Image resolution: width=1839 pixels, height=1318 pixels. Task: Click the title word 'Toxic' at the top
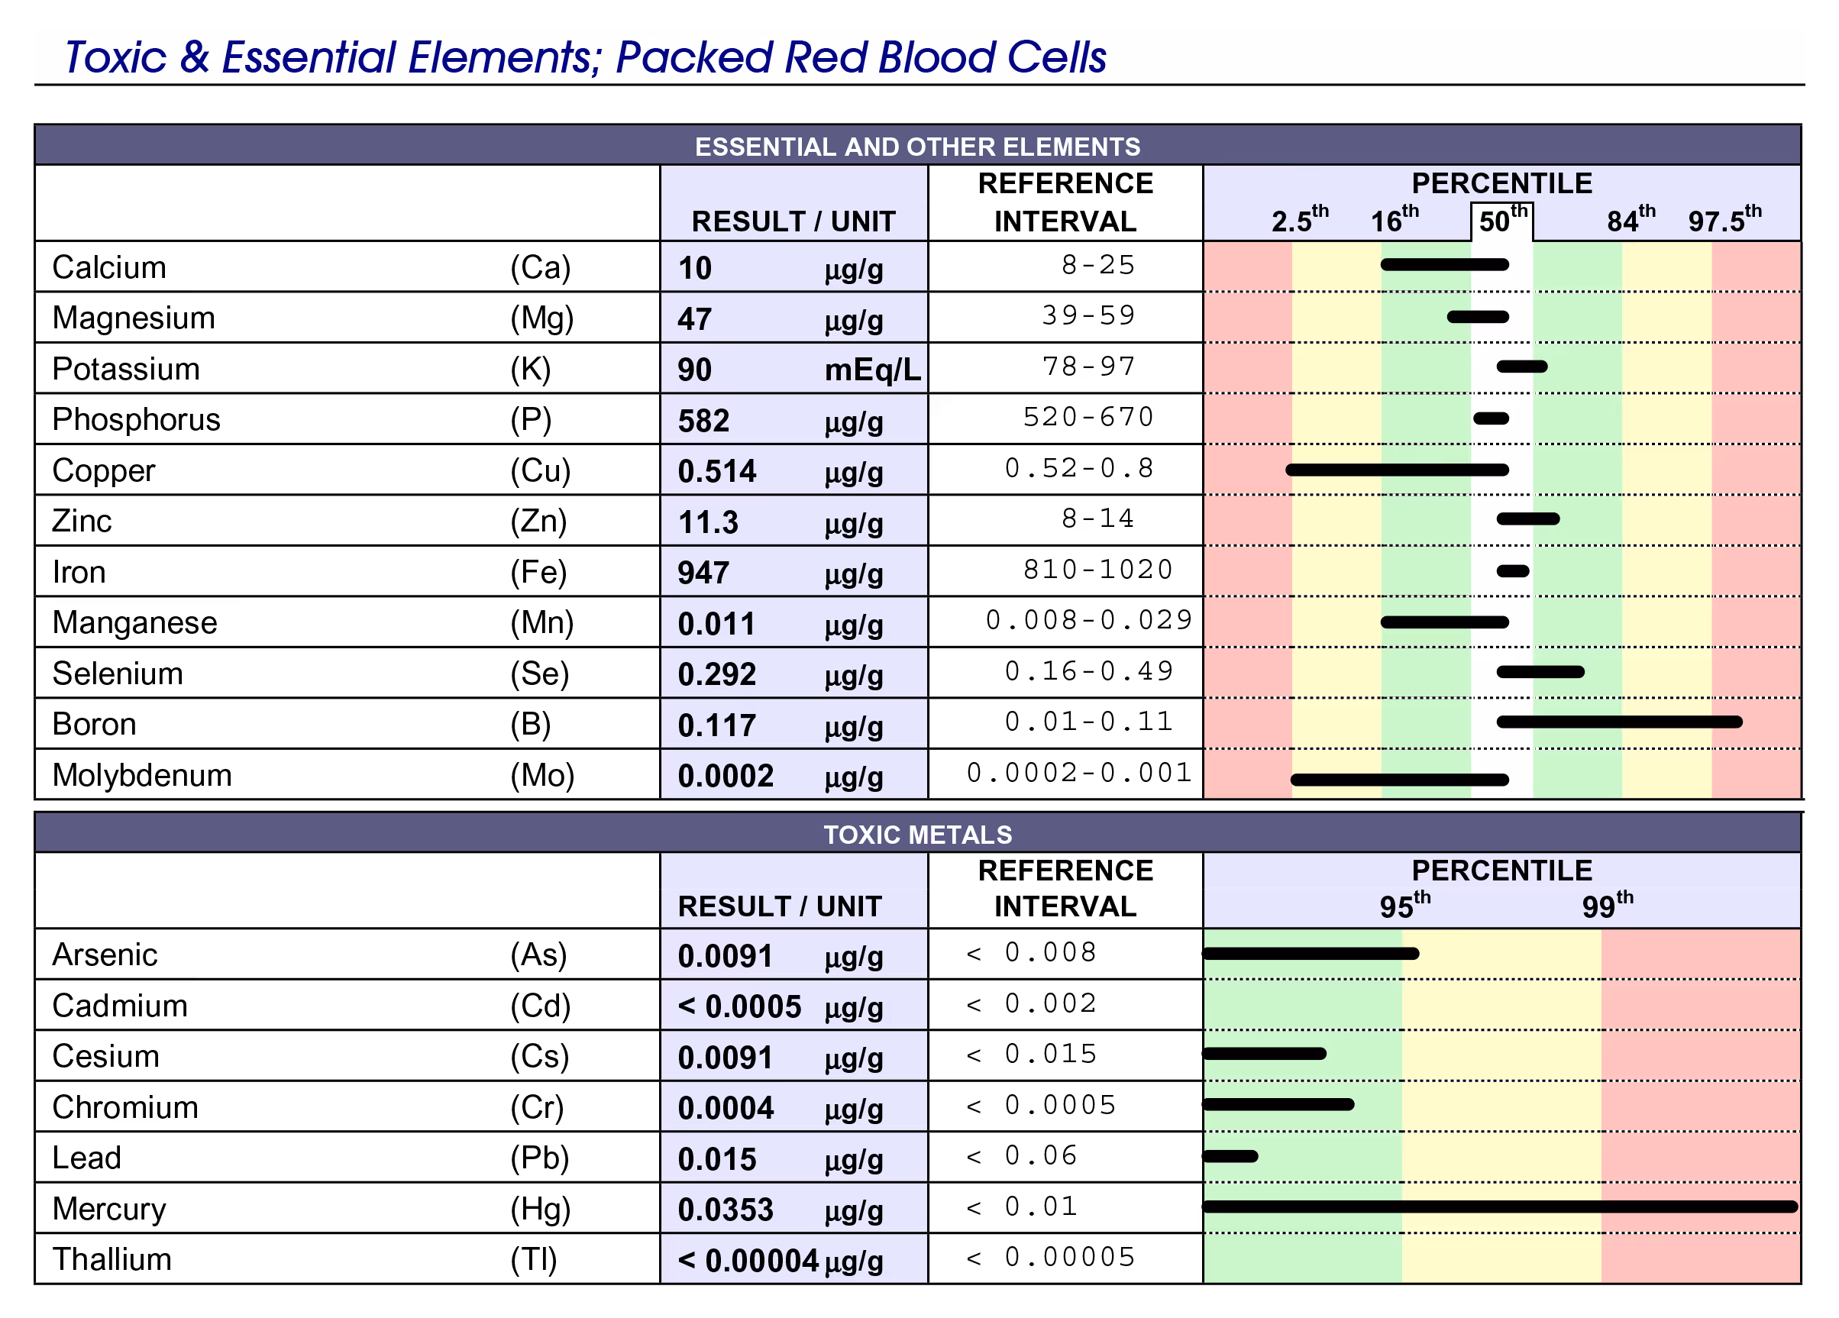click(x=115, y=57)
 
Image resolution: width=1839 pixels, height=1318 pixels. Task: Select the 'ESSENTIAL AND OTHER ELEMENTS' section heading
click(x=917, y=147)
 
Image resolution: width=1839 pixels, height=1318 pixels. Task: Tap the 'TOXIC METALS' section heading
click(x=917, y=834)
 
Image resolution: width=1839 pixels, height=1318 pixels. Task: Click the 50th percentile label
click(x=1502, y=221)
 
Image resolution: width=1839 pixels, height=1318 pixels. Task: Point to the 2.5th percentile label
click(x=1299, y=221)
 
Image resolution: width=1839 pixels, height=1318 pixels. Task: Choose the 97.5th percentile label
click(x=1724, y=221)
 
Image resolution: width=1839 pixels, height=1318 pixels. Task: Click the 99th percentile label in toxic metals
click(x=1606, y=906)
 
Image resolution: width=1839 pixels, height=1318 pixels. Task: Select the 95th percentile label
click(x=1404, y=906)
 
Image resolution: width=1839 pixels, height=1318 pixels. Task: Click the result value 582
click(x=703, y=421)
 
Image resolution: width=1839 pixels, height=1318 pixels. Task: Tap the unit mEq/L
click(x=872, y=370)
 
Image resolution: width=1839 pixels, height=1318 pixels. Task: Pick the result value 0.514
click(x=716, y=472)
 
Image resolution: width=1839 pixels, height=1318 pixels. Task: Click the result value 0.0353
click(x=725, y=1210)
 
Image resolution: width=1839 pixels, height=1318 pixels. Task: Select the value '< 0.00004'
click(x=748, y=1261)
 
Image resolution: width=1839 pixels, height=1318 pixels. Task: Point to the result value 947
click(x=703, y=573)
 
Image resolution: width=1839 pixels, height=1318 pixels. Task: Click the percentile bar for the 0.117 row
click(x=1618, y=722)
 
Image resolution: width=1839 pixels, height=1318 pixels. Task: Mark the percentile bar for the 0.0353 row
click(x=1500, y=1207)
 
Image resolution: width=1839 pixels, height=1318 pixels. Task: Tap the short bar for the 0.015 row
click(x=1231, y=1156)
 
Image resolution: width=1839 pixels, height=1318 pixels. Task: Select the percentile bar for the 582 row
click(x=1490, y=419)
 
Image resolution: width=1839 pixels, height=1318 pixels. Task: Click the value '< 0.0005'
click(x=739, y=1006)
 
